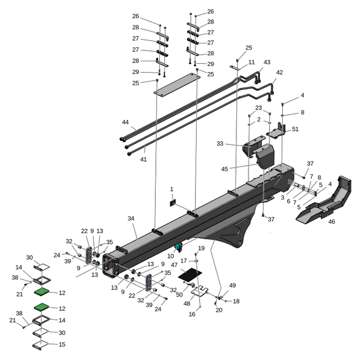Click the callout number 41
click(143, 159)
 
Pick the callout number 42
click(279, 72)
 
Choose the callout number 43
click(267, 63)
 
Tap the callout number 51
click(295, 129)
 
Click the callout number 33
click(220, 144)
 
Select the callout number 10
click(171, 256)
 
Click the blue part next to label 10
click(178, 247)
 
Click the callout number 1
click(171, 189)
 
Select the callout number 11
click(251, 62)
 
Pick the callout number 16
click(192, 314)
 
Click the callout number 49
click(233, 285)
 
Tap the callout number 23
click(259, 108)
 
